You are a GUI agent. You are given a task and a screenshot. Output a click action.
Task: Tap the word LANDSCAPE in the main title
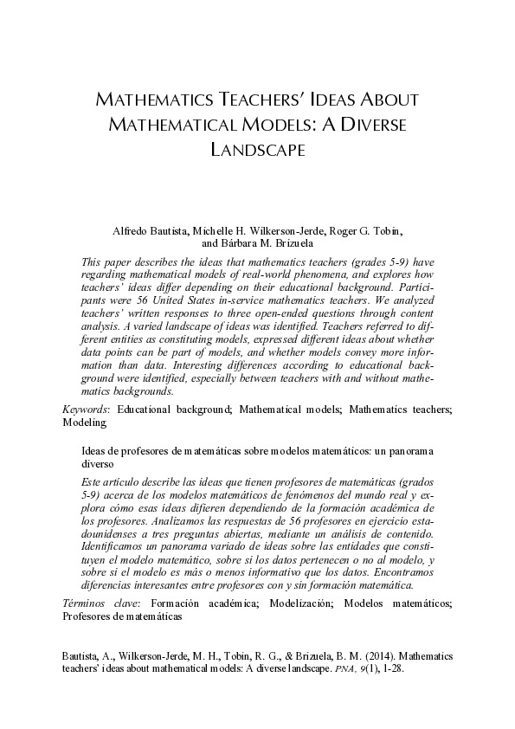[x=257, y=150]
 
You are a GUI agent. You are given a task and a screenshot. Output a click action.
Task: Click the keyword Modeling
[x=85, y=423]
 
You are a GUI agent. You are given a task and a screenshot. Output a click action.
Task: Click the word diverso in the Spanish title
[x=99, y=464]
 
